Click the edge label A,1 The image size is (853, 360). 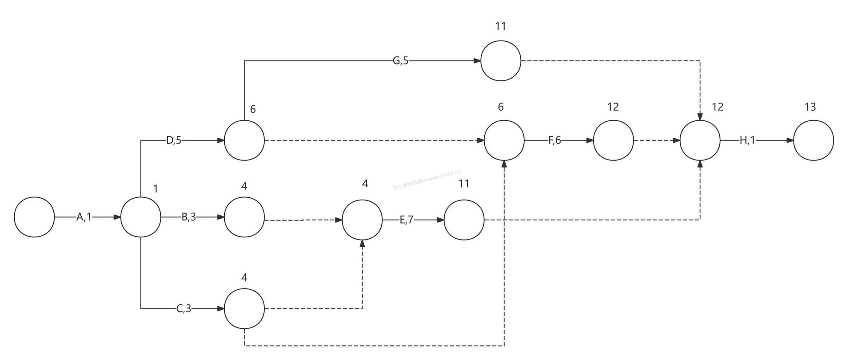(84, 217)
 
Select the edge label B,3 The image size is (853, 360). (189, 217)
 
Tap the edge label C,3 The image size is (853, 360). (183, 308)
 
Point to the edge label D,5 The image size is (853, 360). (174, 140)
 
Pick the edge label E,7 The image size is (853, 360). (407, 220)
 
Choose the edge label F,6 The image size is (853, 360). (554, 140)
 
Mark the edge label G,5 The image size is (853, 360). (400, 61)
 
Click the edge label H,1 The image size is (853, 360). (747, 140)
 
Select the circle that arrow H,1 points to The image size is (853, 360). (813, 140)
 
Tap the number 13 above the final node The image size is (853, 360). (810, 107)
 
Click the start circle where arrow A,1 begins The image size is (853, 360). (34, 217)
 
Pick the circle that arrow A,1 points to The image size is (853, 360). (141, 217)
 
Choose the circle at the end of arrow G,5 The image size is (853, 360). (501, 61)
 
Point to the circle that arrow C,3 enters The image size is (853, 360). (244, 308)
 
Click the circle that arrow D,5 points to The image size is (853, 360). (244, 140)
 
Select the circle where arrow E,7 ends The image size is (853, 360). (464, 220)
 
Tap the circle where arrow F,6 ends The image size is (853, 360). (614, 140)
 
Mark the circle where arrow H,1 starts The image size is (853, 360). (700, 140)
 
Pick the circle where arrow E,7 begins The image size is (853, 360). (362, 220)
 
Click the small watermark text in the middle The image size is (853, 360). (426, 180)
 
